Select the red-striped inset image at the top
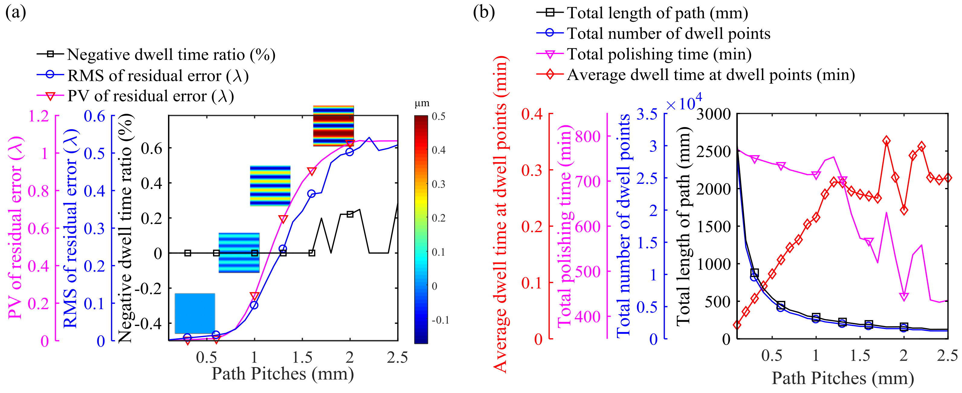coord(333,126)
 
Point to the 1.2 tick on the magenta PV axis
coord(39,116)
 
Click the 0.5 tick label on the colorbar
coord(438,117)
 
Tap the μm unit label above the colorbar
coord(422,104)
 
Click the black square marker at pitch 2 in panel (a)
coord(350,214)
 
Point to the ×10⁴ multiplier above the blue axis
coord(683,103)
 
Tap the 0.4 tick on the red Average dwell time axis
coord(532,113)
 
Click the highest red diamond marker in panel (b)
coord(886,141)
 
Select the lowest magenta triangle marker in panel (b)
coord(904,297)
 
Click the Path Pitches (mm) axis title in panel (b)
coord(842,378)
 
